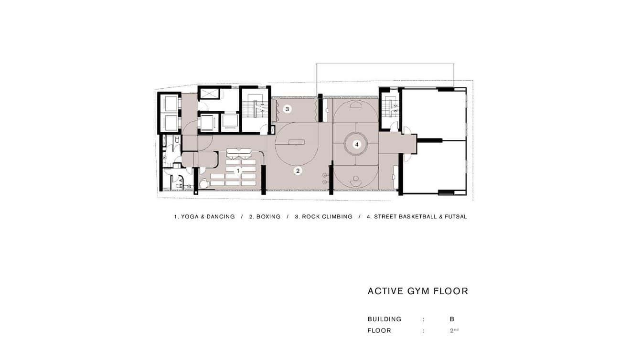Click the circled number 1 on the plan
238,171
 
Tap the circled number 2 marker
298,171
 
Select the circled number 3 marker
288,109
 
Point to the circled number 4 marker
356,145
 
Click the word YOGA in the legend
190,217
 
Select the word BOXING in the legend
268,217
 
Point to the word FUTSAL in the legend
455,217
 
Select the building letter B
452,319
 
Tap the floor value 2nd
454,330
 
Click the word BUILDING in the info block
385,319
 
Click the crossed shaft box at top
209,94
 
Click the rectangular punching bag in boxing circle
296,142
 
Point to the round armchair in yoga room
204,184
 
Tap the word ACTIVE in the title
385,291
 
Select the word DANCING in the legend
221,217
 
